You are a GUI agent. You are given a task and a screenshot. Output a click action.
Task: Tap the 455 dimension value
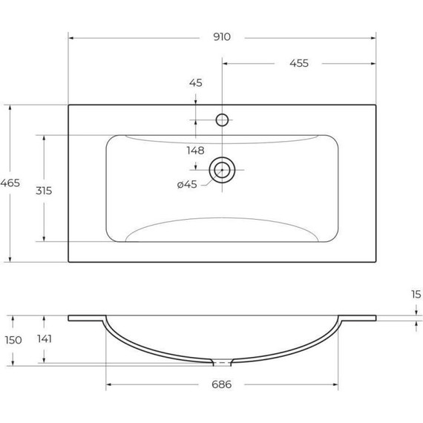click(298, 63)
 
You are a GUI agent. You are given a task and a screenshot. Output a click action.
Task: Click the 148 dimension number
click(195, 151)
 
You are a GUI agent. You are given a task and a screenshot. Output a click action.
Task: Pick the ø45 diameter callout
click(186, 185)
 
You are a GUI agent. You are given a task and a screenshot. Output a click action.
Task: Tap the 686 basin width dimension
click(223, 384)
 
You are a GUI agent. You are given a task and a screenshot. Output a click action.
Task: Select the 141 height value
click(45, 339)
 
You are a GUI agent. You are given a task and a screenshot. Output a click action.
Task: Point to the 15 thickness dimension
click(414, 294)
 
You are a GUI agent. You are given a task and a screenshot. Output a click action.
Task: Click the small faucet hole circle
click(221, 119)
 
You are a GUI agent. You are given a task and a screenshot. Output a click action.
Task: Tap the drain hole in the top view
click(221, 170)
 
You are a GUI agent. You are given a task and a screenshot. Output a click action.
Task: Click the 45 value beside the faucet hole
click(195, 83)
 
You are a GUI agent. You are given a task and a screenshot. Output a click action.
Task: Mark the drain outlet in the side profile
click(221, 363)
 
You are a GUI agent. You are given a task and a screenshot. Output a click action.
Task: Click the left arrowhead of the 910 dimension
click(70, 37)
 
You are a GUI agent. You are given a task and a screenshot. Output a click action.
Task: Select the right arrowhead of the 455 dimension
click(374, 63)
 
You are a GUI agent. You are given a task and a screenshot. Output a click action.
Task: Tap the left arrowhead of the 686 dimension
click(108, 384)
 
